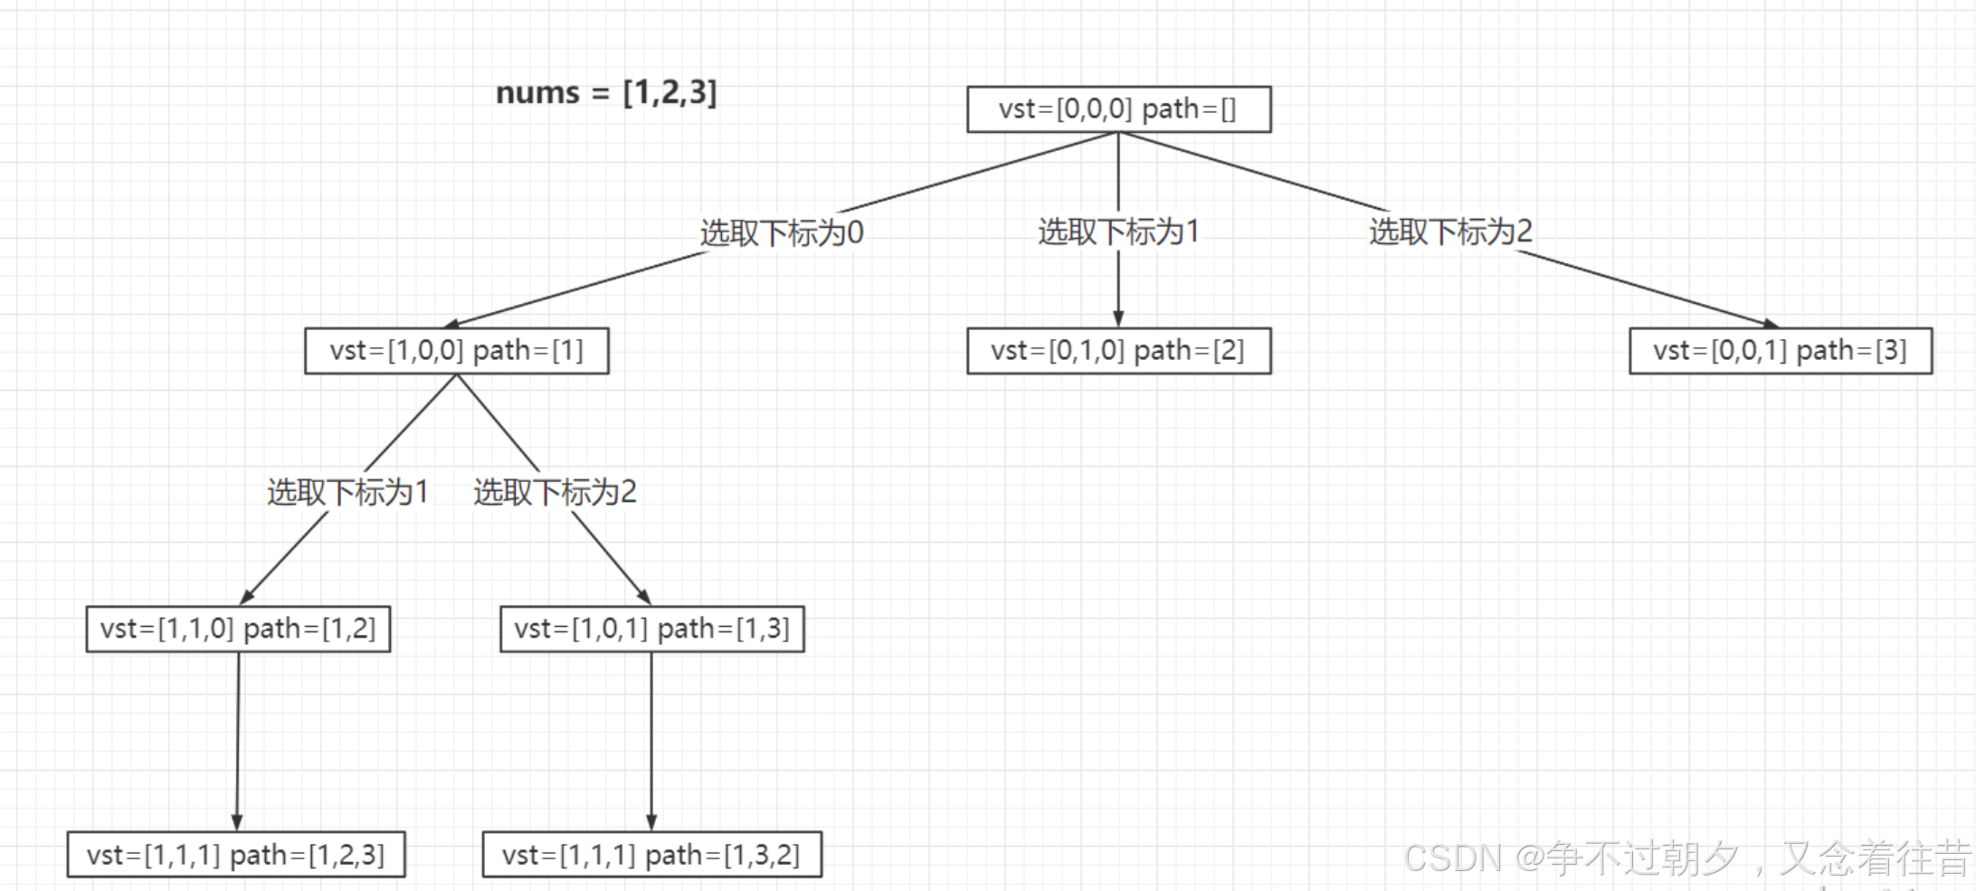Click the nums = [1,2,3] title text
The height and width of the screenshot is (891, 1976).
[x=606, y=92]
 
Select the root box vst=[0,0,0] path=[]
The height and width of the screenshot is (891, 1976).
[x=1118, y=109]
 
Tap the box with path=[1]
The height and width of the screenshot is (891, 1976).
[x=456, y=351]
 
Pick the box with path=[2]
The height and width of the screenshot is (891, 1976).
[x=1118, y=351]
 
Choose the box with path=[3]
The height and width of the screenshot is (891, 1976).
[x=1780, y=351]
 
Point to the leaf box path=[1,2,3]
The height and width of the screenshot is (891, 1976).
[x=236, y=855]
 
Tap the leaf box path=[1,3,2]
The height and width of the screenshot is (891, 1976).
[x=651, y=855]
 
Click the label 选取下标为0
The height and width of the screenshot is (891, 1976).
[x=782, y=233]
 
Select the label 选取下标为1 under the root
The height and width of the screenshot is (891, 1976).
[x=1118, y=232]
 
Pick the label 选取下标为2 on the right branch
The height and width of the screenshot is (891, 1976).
[x=1450, y=232]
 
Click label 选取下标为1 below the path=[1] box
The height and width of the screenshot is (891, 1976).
[x=347, y=492]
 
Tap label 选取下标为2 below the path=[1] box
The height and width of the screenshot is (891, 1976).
[x=555, y=492]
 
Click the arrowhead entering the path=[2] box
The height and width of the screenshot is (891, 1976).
[x=1118, y=319]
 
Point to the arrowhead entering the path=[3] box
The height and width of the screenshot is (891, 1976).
[x=1771, y=324]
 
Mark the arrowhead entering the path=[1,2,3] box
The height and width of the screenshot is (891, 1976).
[x=237, y=822]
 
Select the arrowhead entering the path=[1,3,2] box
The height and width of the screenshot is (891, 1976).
[x=651, y=822]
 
